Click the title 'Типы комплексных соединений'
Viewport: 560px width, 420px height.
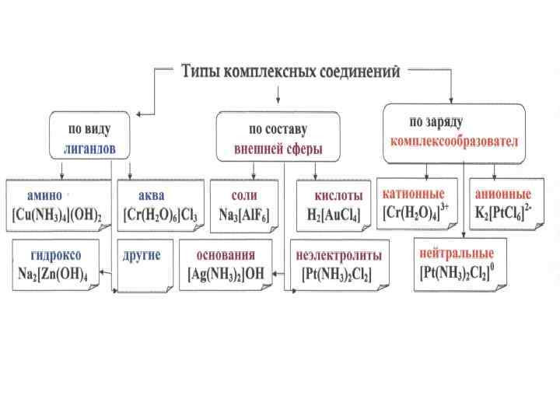coord(291,72)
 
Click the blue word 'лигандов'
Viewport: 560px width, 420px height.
coord(89,146)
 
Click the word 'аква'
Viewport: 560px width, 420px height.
coord(151,194)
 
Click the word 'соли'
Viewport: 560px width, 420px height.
coord(244,194)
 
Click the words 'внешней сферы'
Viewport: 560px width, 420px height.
coord(278,147)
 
